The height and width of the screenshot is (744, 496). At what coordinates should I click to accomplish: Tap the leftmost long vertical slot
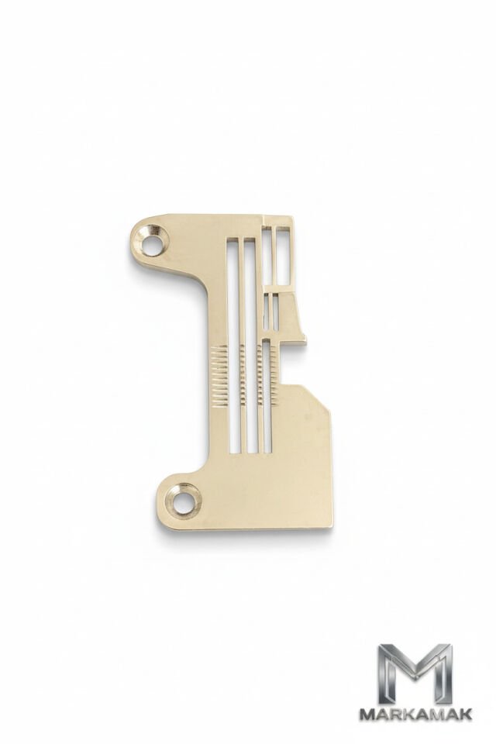click(232, 344)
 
